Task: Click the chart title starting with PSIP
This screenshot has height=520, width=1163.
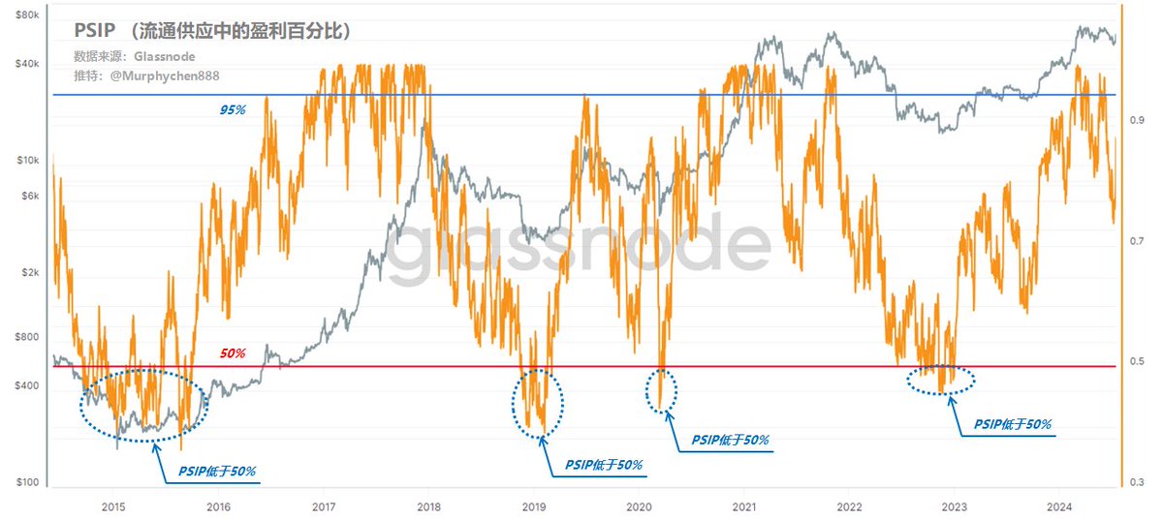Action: [x=212, y=31]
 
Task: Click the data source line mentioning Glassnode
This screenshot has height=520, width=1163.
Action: [x=135, y=56]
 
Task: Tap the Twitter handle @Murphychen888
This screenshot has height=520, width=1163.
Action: [x=140, y=76]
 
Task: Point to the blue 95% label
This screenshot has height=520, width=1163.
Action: [x=233, y=109]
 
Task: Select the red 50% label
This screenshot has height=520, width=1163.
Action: [x=233, y=353]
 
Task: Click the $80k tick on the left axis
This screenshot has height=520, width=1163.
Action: [x=25, y=16]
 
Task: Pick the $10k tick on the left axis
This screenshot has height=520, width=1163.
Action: [x=25, y=160]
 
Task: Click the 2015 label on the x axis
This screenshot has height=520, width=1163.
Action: [x=113, y=506]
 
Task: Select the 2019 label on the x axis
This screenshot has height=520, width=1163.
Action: [x=534, y=506]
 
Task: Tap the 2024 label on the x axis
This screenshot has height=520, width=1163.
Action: [x=1059, y=506]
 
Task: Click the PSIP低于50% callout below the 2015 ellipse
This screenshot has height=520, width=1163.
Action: [x=217, y=472]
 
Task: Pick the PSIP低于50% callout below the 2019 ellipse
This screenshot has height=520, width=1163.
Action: [x=605, y=465]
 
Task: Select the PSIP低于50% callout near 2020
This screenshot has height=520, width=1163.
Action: [x=731, y=440]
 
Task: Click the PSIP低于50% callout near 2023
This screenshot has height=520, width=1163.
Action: [x=1013, y=424]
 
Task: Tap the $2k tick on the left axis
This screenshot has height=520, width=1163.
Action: [x=27, y=273]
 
